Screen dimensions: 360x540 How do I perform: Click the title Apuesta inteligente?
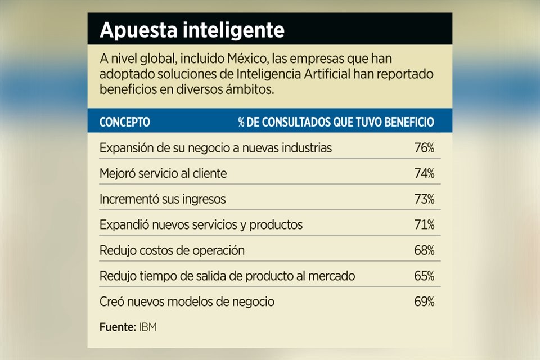[x=192, y=30]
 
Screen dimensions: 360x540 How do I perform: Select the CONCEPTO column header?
[x=124, y=122]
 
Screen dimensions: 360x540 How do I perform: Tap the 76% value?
[x=424, y=148]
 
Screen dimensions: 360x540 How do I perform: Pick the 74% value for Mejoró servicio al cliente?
[x=424, y=174]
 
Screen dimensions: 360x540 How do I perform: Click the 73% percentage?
[x=424, y=199]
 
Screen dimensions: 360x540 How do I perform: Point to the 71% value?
[x=424, y=225]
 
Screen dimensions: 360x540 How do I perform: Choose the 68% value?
[x=424, y=250]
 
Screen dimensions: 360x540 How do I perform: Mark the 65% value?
[x=424, y=276]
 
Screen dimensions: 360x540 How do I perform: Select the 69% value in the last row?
[x=424, y=301]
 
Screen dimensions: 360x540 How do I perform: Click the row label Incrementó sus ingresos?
[x=163, y=199]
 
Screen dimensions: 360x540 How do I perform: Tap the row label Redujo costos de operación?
[x=172, y=250]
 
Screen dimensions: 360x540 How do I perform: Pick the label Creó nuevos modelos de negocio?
[x=187, y=301]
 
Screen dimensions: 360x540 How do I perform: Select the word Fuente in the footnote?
[x=116, y=327]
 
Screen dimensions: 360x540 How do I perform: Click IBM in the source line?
[x=147, y=327]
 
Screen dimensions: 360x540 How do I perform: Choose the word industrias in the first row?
[x=306, y=148]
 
